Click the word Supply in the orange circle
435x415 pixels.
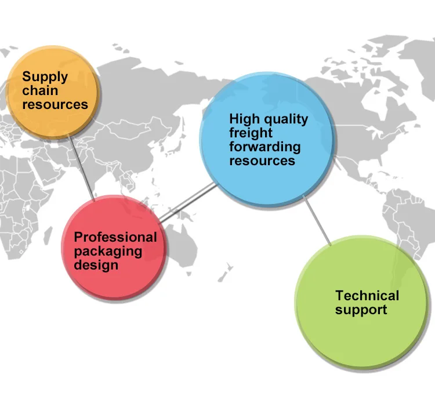tap(45, 77)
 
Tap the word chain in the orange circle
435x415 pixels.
tap(40, 90)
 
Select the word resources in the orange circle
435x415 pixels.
tap(55, 104)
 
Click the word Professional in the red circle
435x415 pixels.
tap(115, 237)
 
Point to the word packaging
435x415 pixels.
tap(108, 251)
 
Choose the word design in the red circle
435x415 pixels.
tap(96, 265)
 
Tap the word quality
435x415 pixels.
tap(286, 120)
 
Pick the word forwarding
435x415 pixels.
tap(264, 147)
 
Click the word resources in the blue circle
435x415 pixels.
tap(262, 161)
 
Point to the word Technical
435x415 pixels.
tap(367, 296)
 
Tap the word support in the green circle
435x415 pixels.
tap(361, 310)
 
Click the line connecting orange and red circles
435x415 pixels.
tap(81, 168)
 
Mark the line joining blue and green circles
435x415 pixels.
tap(318, 221)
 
